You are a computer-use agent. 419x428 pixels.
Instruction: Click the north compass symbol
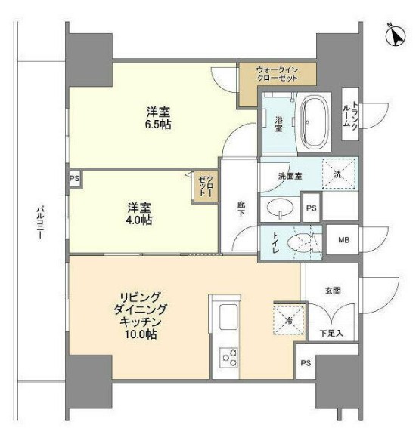[x=395, y=35]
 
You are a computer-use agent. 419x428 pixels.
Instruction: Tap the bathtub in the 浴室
[x=312, y=122]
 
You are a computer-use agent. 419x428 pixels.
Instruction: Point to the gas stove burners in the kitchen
[x=228, y=356]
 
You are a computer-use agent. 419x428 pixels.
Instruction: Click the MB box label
[x=343, y=241]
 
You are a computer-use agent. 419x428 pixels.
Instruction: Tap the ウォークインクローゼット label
[x=276, y=75]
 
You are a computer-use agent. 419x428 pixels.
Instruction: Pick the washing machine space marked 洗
[x=337, y=174]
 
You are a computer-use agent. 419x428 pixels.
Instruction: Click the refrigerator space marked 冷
[x=289, y=318]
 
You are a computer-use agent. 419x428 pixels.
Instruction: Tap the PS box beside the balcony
[x=73, y=179]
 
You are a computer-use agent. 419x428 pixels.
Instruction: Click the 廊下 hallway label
[x=240, y=209]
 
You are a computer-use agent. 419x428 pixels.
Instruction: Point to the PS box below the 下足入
[x=306, y=363]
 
